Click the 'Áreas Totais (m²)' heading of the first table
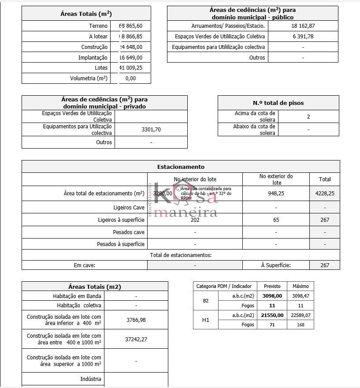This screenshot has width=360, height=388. (86, 14)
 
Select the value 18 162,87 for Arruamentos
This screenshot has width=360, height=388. (303, 26)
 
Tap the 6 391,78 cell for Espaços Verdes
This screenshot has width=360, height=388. (303, 37)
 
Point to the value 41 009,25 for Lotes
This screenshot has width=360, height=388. (131, 68)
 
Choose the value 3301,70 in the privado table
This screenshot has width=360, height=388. (151, 130)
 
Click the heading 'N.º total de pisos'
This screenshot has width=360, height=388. (278, 103)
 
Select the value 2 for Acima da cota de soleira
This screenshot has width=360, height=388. (308, 117)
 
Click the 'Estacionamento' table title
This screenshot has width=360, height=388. (181, 167)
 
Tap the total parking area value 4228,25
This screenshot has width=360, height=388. (325, 193)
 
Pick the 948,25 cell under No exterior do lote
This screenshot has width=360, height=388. (276, 193)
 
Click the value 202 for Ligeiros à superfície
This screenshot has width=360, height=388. (195, 220)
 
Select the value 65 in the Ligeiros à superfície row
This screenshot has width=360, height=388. (276, 220)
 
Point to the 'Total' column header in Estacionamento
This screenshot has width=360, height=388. (325, 179)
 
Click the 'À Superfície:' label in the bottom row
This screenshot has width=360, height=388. (276, 265)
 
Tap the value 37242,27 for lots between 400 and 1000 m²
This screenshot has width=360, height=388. (136, 339)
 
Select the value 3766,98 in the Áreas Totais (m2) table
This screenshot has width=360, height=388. (136, 320)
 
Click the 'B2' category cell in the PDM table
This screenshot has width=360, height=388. (206, 301)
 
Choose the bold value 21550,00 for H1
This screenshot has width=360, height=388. (272, 315)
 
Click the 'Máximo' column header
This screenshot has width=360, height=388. (301, 286)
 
